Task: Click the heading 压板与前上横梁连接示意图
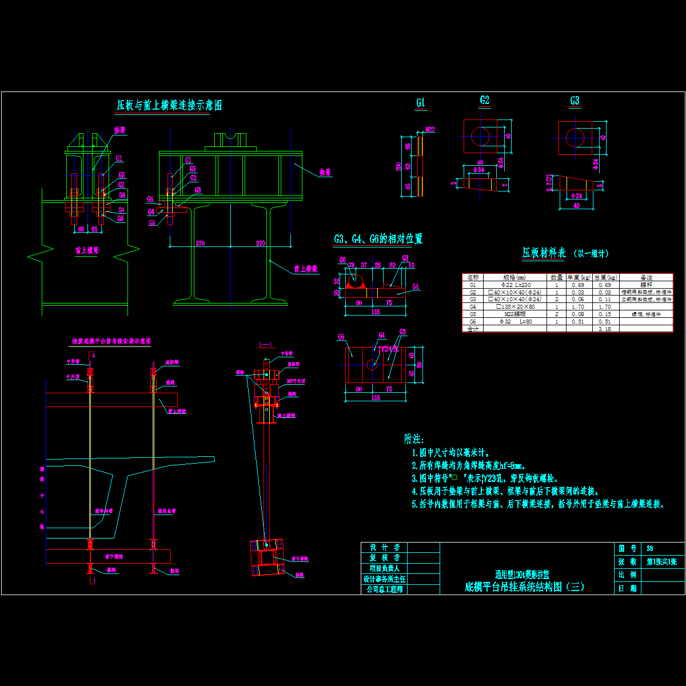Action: [169, 105]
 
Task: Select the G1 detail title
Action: [421, 103]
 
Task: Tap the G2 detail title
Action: [485, 101]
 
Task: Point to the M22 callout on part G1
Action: [430, 130]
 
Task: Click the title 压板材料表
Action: [544, 253]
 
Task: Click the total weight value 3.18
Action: [604, 329]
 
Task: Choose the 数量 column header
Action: [556, 277]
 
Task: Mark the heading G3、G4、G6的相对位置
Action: [378, 239]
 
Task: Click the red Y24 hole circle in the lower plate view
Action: [372, 364]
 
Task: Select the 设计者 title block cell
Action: [384, 547]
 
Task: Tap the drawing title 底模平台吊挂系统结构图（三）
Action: [525, 587]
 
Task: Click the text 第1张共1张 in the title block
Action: [662, 562]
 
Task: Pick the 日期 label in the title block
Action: [627, 588]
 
